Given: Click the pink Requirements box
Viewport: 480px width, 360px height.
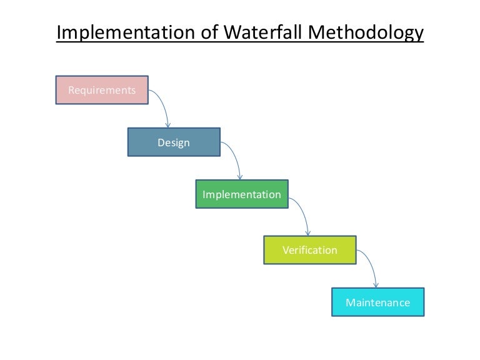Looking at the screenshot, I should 102,90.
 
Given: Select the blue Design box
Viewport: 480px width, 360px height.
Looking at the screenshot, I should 174,142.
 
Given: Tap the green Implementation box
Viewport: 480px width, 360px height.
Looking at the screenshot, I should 242,194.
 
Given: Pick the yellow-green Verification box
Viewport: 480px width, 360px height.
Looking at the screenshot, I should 309,250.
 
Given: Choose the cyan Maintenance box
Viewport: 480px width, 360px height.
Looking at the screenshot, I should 377,302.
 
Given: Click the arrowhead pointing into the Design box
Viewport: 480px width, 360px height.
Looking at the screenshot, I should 167,125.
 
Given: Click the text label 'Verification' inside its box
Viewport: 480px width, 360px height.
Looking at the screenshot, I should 309,250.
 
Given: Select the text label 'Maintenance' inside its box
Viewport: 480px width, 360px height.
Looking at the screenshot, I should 377,302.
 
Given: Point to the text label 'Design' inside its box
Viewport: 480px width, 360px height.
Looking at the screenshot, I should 174,142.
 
